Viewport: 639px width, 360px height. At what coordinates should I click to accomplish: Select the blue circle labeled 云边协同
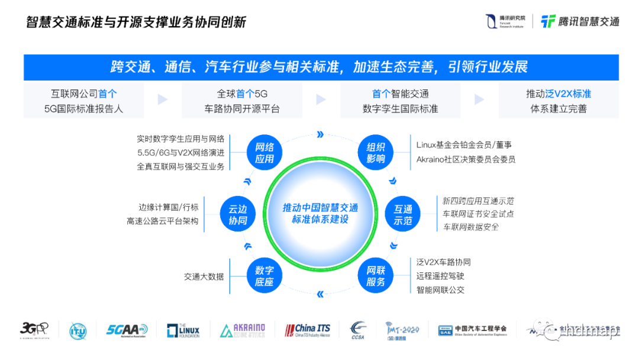pyautogui.click(x=237, y=214)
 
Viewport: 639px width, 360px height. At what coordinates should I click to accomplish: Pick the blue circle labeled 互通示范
pyautogui.click(x=403, y=215)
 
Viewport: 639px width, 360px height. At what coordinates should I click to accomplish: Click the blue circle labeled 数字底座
pyautogui.click(x=264, y=276)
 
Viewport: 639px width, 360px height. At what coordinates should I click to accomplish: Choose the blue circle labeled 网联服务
pyautogui.click(x=376, y=276)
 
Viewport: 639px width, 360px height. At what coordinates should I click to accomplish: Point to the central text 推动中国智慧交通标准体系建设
pyautogui.click(x=320, y=214)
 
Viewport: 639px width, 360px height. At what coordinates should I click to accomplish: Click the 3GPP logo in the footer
pyautogui.click(x=34, y=329)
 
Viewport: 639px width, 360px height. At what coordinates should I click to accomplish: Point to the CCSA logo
pyautogui.click(x=359, y=330)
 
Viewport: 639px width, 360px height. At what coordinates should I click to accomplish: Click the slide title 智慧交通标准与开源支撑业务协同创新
pyautogui.click(x=136, y=22)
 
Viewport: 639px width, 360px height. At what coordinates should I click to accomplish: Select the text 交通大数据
pyautogui.click(x=204, y=276)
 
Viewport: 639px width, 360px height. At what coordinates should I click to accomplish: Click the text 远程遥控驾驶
pyautogui.click(x=440, y=276)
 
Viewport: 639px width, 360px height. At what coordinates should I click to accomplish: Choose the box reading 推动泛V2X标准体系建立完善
pyautogui.click(x=559, y=101)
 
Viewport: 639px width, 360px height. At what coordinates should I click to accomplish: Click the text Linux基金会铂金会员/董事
pyautogui.click(x=464, y=145)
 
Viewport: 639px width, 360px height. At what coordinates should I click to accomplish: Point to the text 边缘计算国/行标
pyautogui.click(x=169, y=207)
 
